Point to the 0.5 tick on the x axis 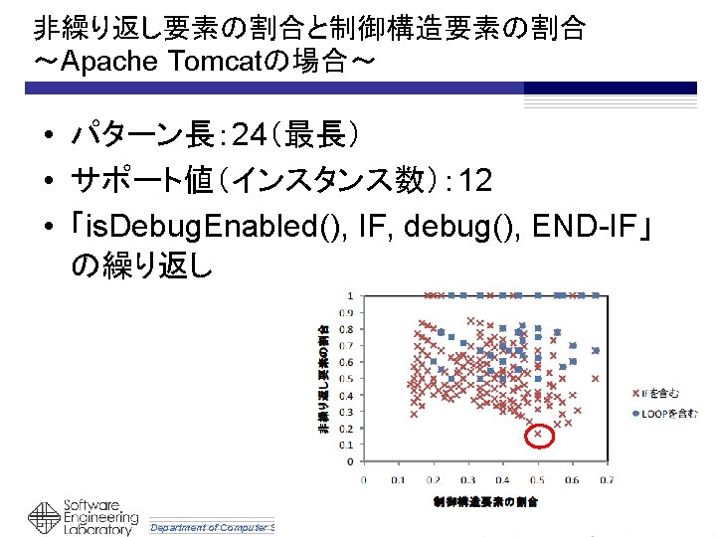537,478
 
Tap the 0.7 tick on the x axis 607,478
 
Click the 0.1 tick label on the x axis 398,478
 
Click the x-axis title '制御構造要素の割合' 485,501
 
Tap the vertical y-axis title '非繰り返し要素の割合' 324,379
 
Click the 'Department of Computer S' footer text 211,527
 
